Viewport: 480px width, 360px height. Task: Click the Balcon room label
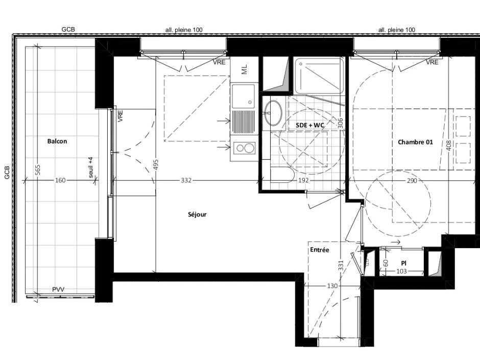pos(57,141)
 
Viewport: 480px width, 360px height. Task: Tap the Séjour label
pos(197,215)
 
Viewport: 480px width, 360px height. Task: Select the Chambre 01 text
pos(415,142)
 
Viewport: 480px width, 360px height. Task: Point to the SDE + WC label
pos(310,125)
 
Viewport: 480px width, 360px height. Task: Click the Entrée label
pos(319,250)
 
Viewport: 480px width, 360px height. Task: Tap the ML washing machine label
pos(244,70)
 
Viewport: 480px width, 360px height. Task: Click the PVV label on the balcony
pos(58,290)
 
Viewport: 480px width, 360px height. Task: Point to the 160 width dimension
pos(60,181)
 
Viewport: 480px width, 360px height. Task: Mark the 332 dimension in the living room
pos(186,181)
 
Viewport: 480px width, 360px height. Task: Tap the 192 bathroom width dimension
pos(304,181)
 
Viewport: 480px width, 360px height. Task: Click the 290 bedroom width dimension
pos(412,181)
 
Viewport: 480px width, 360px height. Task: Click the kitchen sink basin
pos(243,96)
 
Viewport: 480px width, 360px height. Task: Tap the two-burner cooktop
pos(244,149)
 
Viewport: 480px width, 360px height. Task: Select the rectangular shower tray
pos(319,76)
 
